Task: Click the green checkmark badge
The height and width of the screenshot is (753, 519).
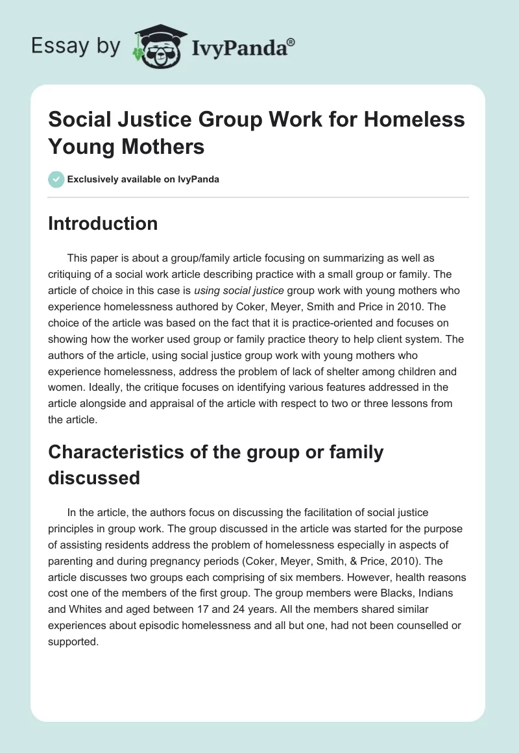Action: (56, 179)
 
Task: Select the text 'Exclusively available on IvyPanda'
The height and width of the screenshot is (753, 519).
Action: (143, 179)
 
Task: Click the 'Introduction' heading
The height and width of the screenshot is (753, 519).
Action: (103, 224)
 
